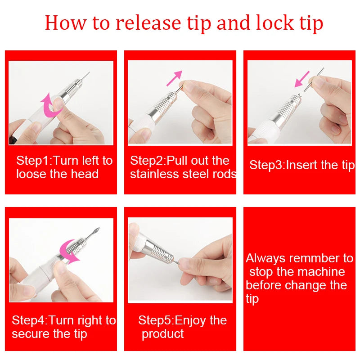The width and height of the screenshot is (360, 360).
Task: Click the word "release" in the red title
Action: coord(143,23)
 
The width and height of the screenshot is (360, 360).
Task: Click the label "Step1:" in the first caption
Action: coord(33,161)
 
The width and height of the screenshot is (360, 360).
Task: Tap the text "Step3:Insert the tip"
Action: coord(301,165)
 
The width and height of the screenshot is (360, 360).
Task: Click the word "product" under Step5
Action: coord(162,334)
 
